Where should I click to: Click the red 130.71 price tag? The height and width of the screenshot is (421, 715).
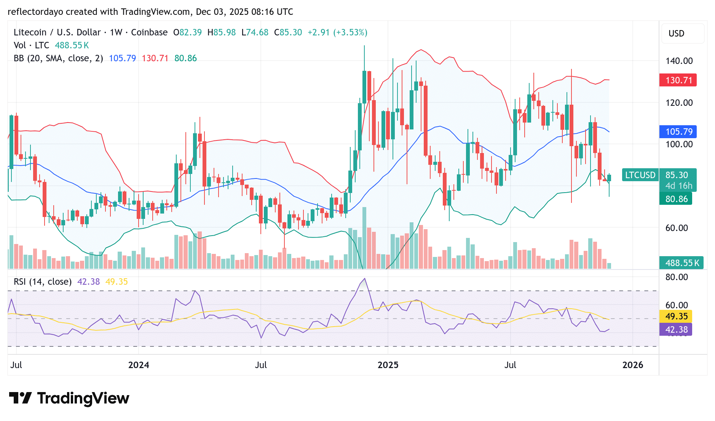(678, 80)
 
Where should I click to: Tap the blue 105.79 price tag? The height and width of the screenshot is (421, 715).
(678, 132)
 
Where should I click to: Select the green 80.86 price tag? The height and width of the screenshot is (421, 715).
(676, 199)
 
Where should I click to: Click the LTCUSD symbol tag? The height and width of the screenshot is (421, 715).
(640, 175)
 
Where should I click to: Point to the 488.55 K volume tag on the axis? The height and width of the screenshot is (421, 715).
(681, 263)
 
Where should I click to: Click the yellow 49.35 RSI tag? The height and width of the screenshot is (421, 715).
(676, 316)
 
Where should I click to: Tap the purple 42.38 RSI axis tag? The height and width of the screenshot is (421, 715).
(676, 330)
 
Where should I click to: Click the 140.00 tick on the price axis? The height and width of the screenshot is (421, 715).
(679, 61)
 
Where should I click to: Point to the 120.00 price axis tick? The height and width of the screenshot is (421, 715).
(679, 103)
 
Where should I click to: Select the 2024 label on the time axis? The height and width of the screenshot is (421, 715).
(139, 365)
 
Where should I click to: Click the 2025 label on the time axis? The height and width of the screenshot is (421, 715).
(388, 365)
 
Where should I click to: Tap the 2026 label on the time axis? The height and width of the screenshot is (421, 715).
(632, 365)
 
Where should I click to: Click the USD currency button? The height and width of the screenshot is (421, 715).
(677, 33)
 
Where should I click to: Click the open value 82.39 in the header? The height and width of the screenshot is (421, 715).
(190, 32)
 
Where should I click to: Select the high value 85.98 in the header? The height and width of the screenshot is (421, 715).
(224, 32)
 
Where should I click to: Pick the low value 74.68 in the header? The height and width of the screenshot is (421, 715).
(257, 32)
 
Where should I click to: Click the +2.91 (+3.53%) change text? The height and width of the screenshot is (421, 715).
(337, 32)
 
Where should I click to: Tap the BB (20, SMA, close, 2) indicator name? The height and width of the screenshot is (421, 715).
(58, 58)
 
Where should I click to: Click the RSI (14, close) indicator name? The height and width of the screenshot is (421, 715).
(43, 282)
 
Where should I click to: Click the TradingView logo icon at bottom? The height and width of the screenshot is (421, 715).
(21, 398)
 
